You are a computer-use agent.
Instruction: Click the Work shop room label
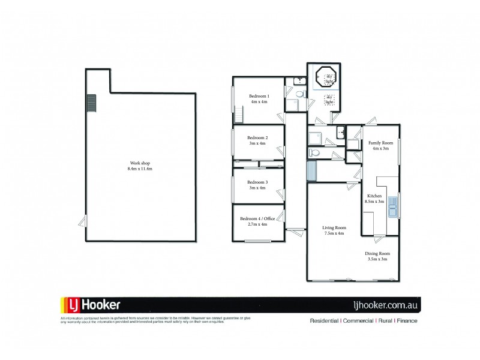141,166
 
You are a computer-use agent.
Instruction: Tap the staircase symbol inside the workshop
92,103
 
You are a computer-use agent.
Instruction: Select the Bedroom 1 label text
259,99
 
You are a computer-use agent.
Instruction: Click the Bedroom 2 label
257,140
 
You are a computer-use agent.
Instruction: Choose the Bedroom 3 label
257,185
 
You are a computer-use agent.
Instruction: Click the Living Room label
334,230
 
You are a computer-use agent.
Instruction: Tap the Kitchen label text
375,199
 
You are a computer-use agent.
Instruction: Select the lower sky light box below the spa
329,100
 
